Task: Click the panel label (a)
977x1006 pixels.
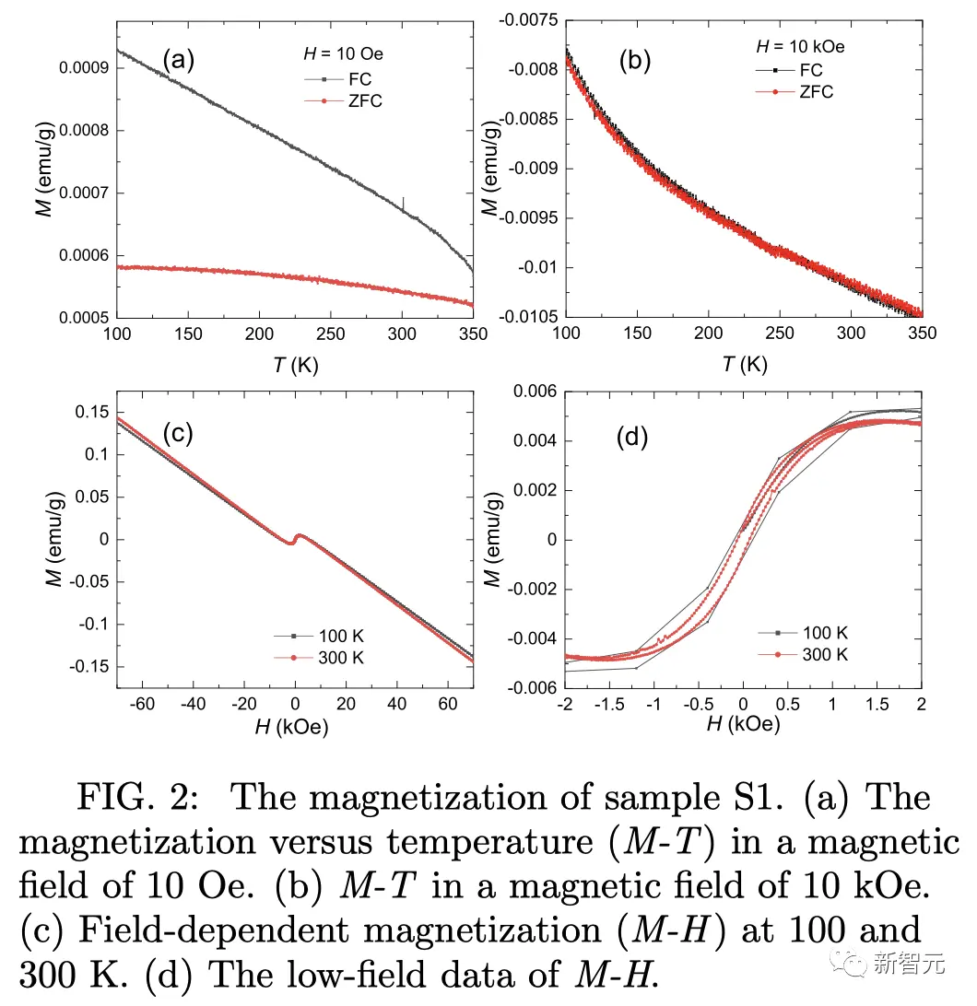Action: (x=179, y=61)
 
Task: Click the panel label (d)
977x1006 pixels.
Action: (x=632, y=438)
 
